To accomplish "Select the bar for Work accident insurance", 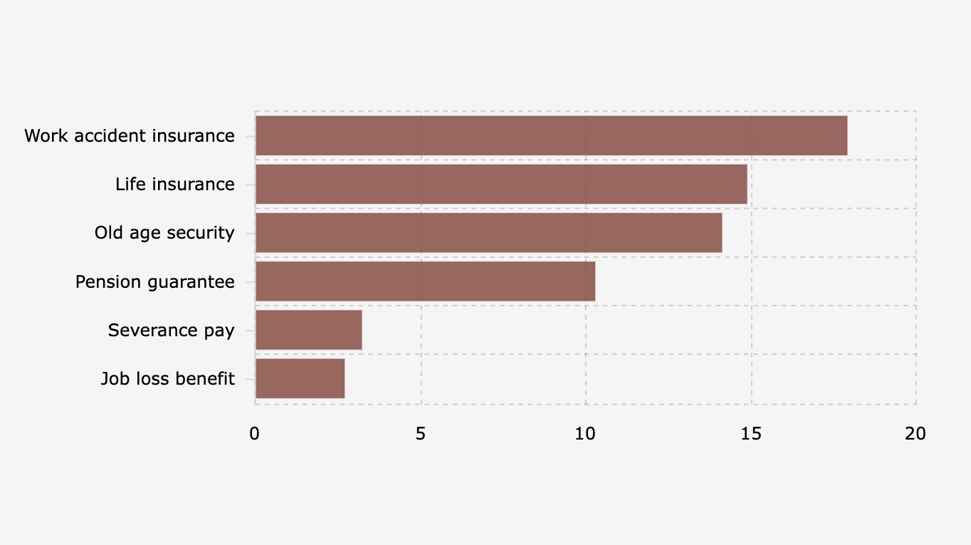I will click(551, 135).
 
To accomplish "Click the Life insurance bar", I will click(501, 185).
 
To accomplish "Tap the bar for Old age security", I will click(488, 233).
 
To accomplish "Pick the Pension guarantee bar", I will click(425, 281).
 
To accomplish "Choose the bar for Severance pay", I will click(308, 330).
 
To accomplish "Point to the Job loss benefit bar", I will click(300, 378).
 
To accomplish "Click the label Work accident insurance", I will click(130, 135).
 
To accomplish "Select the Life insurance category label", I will click(175, 185).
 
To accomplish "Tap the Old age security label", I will click(164, 233).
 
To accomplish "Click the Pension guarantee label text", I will click(155, 281).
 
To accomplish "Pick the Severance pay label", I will click(172, 330).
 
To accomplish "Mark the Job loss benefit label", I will click(168, 378).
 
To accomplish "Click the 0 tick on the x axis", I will click(255, 433).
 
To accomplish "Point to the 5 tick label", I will click(421, 433).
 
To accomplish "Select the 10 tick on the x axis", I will click(585, 433).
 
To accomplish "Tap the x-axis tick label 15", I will click(751, 433).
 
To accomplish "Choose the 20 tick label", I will click(916, 433).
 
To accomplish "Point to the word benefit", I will click(208, 378).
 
